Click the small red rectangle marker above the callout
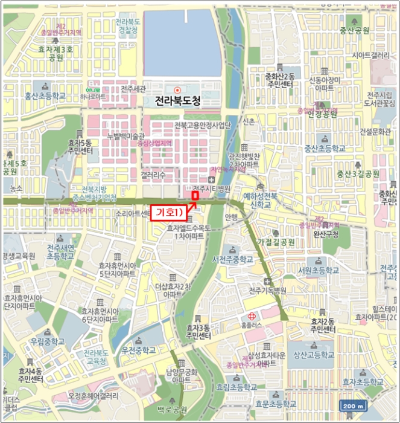[x=195, y=195]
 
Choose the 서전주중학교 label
[x=232, y=259]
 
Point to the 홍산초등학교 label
[x=45, y=95]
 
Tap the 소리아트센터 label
[x=133, y=213]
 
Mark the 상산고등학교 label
[x=313, y=355]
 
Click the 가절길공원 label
[x=276, y=242]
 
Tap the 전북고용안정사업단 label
[x=203, y=125]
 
